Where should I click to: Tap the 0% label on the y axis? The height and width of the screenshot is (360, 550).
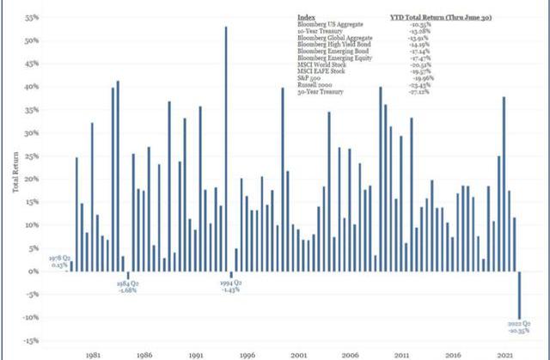point(34,272)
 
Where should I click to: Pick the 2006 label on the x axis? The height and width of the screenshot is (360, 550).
point(351,352)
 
